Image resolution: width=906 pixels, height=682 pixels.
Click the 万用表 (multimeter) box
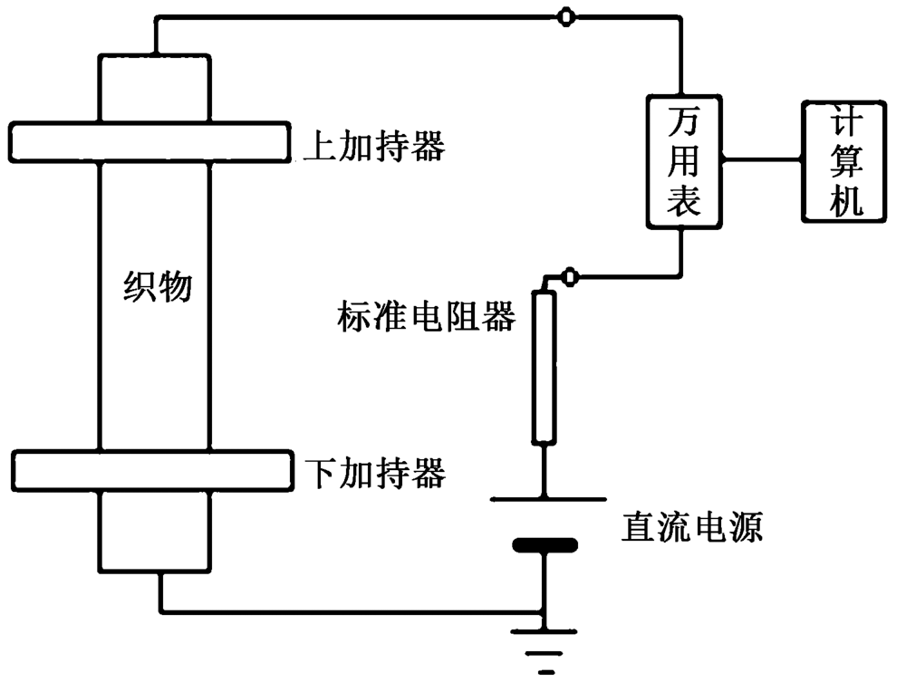(683, 160)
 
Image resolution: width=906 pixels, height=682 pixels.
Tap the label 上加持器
(373, 146)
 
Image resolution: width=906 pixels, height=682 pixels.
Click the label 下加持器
(373, 472)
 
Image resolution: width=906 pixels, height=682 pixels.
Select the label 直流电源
(691, 525)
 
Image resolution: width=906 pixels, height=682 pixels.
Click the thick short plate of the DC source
(544, 545)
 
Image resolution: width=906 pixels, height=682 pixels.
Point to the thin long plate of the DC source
(547, 498)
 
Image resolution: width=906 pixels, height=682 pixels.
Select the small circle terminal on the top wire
(564, 17)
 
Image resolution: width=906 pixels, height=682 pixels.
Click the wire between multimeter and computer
(761, 160)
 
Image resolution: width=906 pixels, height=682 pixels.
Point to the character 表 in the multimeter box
(683, 202)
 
